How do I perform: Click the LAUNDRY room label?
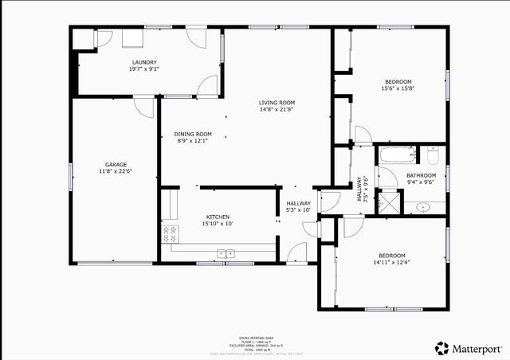(145, 62)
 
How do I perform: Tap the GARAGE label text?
(116, 164)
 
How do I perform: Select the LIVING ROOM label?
(277, 102)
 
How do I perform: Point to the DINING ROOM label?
(193, 134)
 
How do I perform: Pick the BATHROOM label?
(421, 175)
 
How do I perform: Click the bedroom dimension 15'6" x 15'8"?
(398, 88)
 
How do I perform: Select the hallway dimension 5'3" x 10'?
(299, 210)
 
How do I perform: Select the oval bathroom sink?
(423, 207)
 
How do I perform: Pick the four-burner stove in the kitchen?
(170, 234)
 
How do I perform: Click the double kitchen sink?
(225, 254)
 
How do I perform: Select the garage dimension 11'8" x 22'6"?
(116, 171)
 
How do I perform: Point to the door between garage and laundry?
(143, 106)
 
